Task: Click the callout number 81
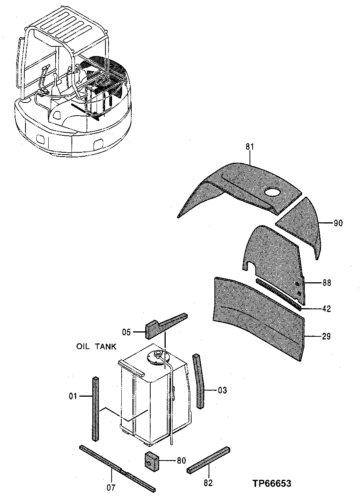[x=250, y=147]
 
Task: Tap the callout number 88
[x=326, y=283]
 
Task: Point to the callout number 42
[x=326, y=309]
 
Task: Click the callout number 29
[x=326, y=336]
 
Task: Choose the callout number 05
[x=127, y=332]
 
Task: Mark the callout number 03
[x=222, y=390]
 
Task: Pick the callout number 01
[x=73, y=396]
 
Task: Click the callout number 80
[x=181, y=460]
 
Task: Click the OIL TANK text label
[x=96, y=347]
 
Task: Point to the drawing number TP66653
[x=272, y=483]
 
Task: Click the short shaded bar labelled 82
[x=209, y=460]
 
